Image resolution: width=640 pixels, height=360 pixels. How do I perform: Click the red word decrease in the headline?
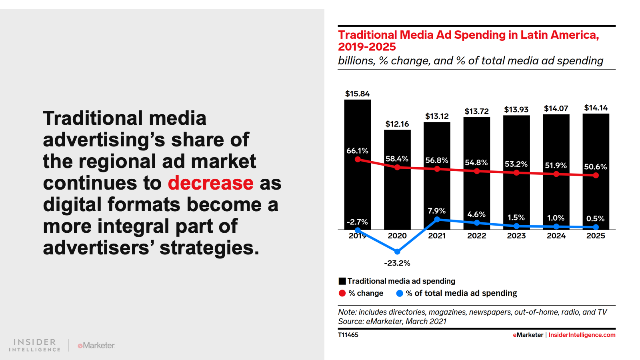point(210,183)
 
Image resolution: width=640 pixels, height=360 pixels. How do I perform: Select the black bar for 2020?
point(397,192)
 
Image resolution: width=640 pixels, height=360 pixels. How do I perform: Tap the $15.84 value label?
point(357,94)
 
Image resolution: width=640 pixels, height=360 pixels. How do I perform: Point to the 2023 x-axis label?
point(516,236)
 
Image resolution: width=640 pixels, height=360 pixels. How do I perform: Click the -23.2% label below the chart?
point(397,263)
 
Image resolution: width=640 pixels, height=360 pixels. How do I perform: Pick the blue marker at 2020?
point(397,252)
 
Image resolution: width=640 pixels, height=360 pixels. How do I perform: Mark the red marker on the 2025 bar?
point(596,175)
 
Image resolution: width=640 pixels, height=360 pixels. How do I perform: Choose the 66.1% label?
point(357,151)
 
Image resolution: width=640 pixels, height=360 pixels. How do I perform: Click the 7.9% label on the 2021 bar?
point(436,211)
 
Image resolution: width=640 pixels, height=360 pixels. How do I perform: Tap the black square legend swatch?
point(342,281)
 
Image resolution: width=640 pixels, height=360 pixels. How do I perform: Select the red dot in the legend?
point(342,293)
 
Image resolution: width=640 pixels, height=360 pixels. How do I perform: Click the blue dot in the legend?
point(400,293)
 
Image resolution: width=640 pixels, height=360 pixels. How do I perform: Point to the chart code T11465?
point(348,335)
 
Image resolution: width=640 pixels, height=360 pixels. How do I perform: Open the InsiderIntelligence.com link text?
point(582,335)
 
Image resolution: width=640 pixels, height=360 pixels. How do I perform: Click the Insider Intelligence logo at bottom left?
point(35,345)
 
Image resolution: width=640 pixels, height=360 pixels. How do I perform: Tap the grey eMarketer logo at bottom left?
point(96,345)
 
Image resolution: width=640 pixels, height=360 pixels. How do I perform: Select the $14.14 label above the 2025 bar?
point(596,108)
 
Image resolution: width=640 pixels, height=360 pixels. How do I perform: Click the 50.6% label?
point(595,167)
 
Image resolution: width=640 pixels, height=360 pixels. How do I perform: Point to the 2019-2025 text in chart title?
point(367,47)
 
